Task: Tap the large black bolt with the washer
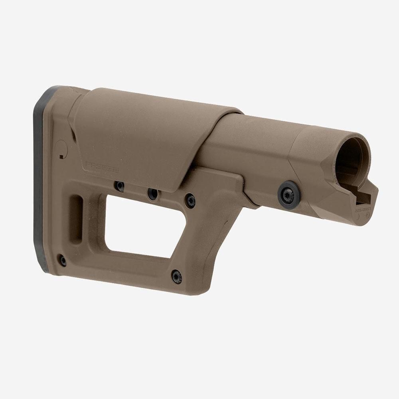288,194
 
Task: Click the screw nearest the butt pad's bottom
63,261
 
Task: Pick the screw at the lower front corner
176,277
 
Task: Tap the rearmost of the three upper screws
119,186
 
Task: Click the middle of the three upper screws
152,194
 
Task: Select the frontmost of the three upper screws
190,200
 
